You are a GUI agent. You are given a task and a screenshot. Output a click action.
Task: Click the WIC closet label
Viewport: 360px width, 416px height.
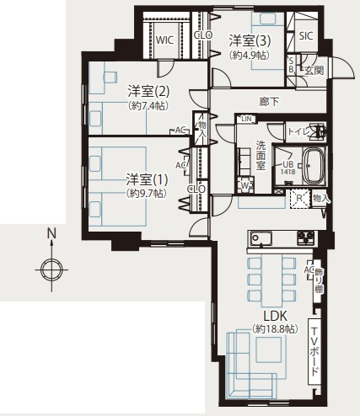click(163, 39)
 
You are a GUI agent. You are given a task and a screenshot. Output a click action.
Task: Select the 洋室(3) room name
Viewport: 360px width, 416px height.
click(250, 40)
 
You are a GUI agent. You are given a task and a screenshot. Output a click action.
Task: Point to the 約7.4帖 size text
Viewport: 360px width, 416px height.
click(148, 106)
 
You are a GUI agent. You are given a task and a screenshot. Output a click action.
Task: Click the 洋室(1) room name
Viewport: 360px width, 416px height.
click(147, 179)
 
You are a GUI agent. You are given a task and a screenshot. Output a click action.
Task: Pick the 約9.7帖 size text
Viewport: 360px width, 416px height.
click(147, 193)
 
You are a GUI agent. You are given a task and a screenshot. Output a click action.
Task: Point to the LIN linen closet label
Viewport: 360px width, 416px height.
click(245, 119)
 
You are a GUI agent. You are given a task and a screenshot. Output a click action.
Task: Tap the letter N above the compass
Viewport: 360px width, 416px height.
click(51, 233)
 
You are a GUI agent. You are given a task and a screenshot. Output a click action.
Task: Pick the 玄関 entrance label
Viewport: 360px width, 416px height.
click(314, 69)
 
